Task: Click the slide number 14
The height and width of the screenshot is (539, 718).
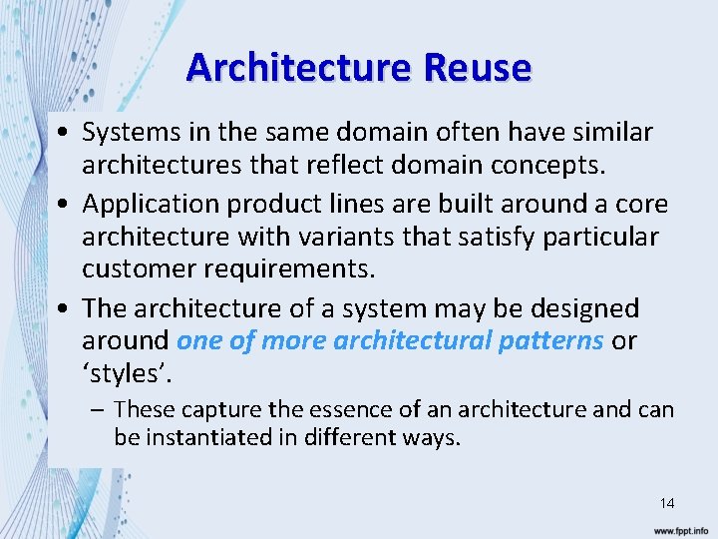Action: click(x=666, y=503)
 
